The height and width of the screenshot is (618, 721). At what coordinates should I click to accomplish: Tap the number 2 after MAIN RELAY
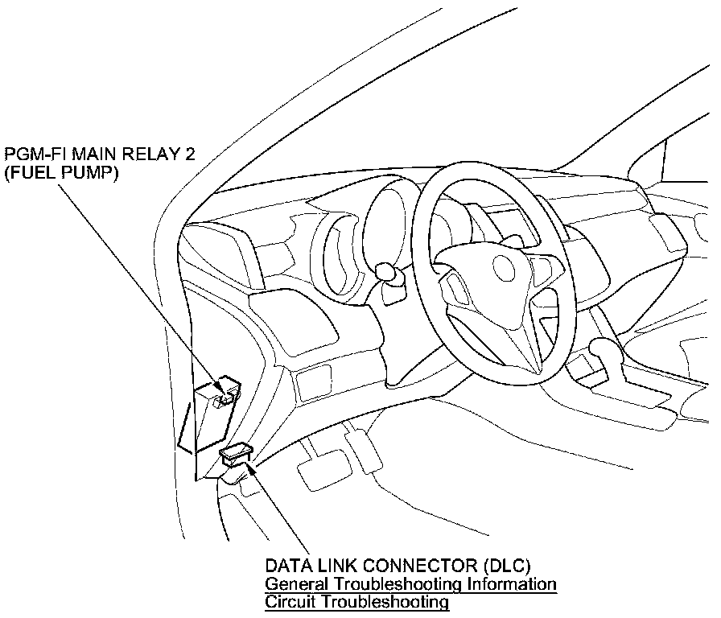coord(189,154)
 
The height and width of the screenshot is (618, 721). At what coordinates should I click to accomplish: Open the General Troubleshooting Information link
coord(410,583)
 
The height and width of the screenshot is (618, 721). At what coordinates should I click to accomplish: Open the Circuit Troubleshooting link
coord(356,601)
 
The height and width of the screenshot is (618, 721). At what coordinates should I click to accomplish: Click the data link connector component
coord(236,455)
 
